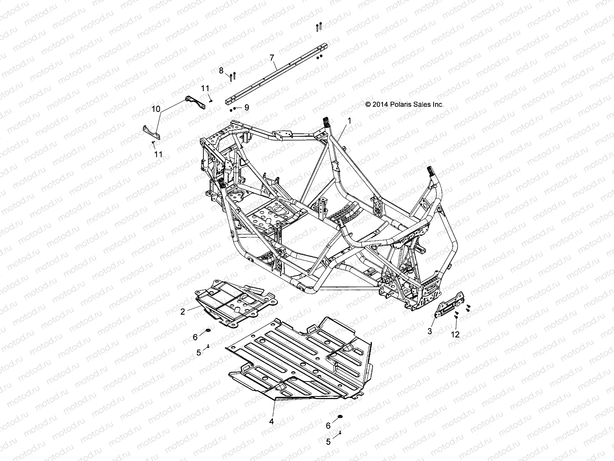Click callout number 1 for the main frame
[349, 121]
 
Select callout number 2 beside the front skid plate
[183, 312]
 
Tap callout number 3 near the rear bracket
[430, 331]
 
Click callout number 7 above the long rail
[272, 58]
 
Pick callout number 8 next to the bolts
[232, 70]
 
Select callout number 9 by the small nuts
[246, 108]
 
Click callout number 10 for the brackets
[155, 109]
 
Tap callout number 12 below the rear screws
[455, 335]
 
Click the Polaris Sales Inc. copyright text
[405, 104]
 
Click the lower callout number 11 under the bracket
[158, 154]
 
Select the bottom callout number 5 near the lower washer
[328, 442]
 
